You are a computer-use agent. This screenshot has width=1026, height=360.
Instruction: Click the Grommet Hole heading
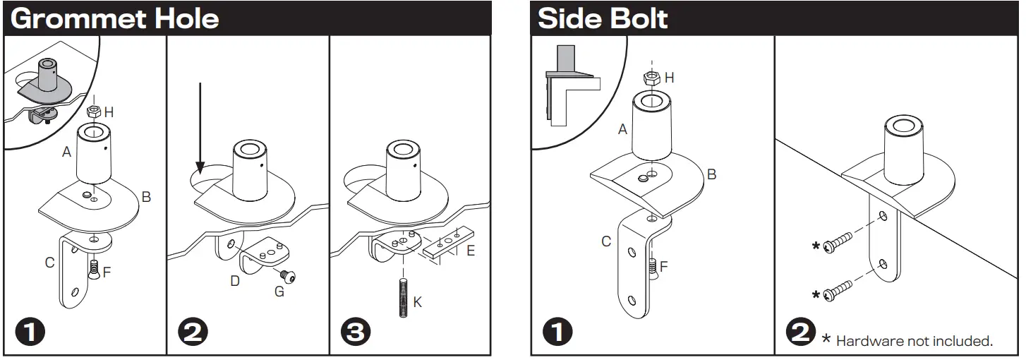(x=114, y=18)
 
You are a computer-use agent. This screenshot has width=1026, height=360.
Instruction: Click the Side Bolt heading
(x=603, y=18)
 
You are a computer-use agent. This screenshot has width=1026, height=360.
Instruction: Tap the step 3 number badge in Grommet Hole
(x=355, y=332)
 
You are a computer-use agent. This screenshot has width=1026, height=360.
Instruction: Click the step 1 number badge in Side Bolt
(x=557, y=332)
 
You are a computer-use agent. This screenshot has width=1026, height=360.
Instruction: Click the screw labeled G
(x=289, y=275)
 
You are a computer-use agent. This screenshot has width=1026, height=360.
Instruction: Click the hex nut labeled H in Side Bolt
(x=651, y=77)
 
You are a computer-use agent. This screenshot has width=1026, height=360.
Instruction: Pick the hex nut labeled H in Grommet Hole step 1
(x=92, y=112)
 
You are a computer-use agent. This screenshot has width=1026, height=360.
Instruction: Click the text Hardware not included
(x=914, y=342)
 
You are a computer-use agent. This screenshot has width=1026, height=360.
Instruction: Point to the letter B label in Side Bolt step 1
(x=711, y=174)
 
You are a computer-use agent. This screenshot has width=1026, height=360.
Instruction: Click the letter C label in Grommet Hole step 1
(x=49, y=263)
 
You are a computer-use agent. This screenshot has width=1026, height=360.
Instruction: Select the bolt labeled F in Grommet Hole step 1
(x=95, y=269)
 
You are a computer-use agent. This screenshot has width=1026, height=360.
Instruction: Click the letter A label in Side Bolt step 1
(x=622, y=129)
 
